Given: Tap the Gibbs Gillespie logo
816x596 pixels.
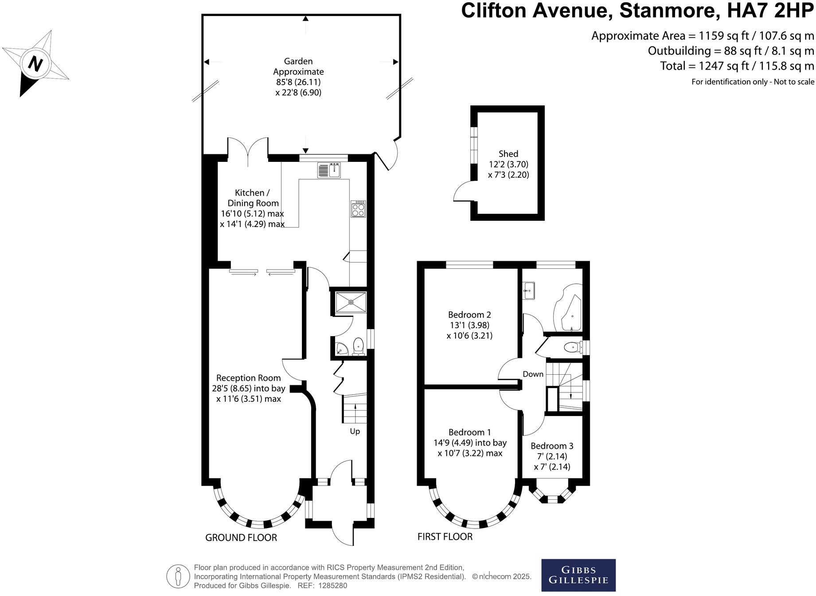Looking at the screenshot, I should (x=578, y=575).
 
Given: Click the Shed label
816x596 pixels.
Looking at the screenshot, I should (x=508, y=154).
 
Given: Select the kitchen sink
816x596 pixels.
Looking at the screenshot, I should (x=329, y=170).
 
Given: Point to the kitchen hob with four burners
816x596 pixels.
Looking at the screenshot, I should (x=358, y=209).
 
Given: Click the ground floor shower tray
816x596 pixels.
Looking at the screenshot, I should (x=351, y=302).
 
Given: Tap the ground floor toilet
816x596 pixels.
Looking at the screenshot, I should (x=358, y=346).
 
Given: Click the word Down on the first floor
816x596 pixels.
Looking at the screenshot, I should (x=533, y=374).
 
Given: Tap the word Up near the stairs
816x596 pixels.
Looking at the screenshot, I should (x=355, y=431).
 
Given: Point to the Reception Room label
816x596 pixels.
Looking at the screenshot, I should (x=248, y=378).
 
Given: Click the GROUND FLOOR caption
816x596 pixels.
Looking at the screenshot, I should (x=241, y=538).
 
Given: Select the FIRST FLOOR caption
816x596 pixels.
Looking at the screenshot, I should (x=445, y=537).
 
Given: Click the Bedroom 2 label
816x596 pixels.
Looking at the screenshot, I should (x=469, y=315).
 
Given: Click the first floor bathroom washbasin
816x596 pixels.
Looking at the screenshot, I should (x=529, y=290).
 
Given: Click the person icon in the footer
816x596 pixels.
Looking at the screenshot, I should (x=178, y=576).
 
